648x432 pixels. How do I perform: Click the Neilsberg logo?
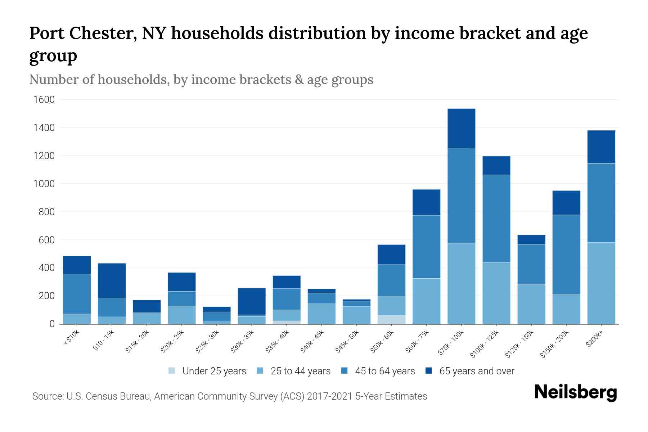point(575,392)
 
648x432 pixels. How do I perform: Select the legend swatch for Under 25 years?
point(172,371)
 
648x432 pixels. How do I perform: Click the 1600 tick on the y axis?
point(44,100)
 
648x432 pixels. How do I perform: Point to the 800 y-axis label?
point(47,212)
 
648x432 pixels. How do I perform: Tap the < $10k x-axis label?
point(71,338)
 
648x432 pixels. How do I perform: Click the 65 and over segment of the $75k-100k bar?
point(461,128)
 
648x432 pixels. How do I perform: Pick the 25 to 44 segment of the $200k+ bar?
point(601,283)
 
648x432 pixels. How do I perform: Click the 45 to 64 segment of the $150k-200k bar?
point(566,254)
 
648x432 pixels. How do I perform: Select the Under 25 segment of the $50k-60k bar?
point(391,320)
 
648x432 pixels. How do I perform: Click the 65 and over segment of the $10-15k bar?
point(112,280)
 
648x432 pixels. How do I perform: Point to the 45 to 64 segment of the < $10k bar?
point(77,294)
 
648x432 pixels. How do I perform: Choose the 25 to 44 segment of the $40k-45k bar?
point(321,314)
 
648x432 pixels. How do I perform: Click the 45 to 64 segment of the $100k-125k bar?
point(496,219)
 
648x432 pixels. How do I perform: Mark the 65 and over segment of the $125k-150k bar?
point(531,240)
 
